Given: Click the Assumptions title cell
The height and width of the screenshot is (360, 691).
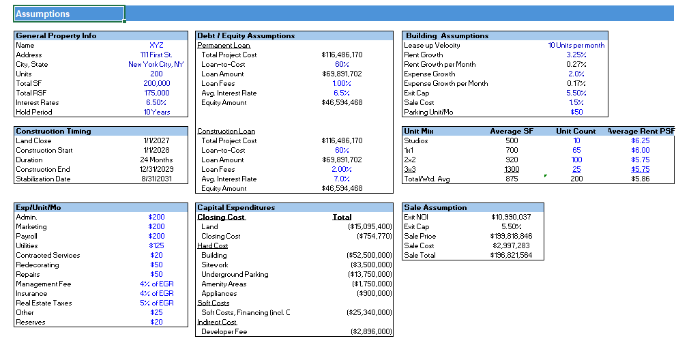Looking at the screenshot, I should click(68, 14).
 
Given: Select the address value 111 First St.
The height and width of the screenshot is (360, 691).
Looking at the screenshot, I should click(156, 55).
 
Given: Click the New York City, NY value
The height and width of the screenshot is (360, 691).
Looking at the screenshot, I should click(156, 64).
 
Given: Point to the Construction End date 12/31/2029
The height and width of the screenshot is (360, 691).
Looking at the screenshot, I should click(156, 169).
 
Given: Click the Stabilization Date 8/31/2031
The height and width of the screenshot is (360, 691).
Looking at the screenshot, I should click(156, 179).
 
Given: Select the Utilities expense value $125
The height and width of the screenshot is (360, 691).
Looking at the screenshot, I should click(156, 245).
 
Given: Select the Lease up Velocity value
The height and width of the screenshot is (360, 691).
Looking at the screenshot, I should click(576, 45).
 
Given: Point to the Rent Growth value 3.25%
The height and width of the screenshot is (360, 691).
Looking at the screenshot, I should click(576, 55).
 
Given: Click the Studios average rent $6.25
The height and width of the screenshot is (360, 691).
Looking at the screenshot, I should click(640, 140).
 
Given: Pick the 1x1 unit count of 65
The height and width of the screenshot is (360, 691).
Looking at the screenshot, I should click(576, 150).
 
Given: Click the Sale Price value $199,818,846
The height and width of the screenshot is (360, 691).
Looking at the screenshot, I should click(511, 236).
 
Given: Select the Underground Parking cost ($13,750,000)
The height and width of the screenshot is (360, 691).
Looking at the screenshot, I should click(370, 274).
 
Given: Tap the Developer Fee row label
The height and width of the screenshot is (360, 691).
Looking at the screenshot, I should click(224, 331).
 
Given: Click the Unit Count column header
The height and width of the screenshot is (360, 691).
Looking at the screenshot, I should click(576, 131).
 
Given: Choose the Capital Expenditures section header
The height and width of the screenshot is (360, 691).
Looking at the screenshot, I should click(236, 207).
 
